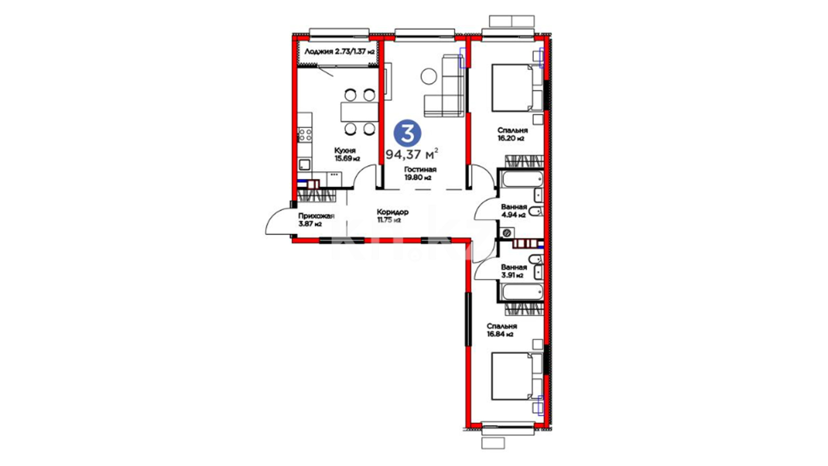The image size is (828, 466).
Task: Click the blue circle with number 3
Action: coord(408,133)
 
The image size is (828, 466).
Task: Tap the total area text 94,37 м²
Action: coord(412,154)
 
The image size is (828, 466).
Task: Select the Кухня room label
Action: coord(345,151)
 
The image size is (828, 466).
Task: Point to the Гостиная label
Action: coord(420,170)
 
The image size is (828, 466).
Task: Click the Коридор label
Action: coord(392,212)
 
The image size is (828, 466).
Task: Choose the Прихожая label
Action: coord(316,216)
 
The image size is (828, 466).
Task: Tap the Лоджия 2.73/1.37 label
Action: coord(339,52)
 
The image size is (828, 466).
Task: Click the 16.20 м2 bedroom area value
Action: coord(511,139)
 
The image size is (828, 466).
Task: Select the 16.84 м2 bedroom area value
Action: coord(500,334)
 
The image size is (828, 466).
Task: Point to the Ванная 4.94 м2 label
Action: coord(514,211)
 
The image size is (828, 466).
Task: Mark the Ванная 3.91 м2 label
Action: coord(514,271)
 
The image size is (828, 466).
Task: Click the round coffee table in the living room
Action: coord(429,76)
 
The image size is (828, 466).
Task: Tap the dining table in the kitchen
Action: coord(359,112)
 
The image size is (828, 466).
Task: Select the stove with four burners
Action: coord(305,135)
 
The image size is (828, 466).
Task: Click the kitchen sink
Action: coord(305,164)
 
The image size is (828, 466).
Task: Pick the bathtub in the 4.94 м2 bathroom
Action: coord(522,179)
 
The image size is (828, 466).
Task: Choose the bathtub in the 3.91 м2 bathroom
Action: coord(522,293)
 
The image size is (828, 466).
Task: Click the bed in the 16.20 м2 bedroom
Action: coord(517,88)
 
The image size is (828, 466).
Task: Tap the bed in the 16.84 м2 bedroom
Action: coord(517,376)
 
